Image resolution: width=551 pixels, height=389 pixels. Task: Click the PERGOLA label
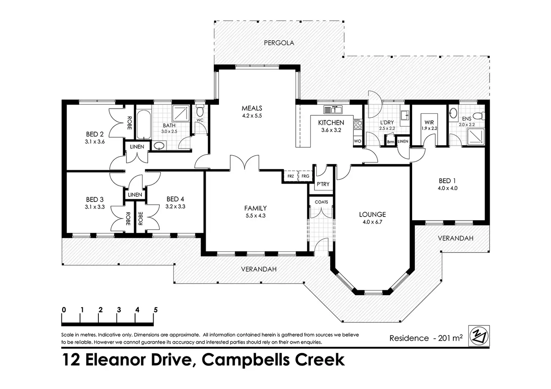[279, 43]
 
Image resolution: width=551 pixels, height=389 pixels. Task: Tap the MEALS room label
[252, 108]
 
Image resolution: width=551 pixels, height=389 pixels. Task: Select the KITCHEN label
[331, 123]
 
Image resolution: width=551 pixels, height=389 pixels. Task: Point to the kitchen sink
[333, 110]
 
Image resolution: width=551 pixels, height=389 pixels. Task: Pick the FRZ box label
[290, 176]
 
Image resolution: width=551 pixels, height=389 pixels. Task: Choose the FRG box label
[305, 176]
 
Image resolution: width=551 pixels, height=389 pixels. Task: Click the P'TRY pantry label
[323, 184]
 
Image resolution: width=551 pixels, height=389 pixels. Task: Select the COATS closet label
[321, 202]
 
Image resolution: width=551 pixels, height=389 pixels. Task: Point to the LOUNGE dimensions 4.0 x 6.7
[372, 222]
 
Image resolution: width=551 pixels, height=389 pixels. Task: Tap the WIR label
[429, 122]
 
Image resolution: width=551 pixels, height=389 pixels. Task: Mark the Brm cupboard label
[390, 142]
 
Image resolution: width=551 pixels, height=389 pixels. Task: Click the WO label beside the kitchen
[357, 141]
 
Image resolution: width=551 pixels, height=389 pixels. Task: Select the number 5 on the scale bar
[155, 310]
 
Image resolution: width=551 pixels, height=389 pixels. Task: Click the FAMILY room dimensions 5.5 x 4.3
[255, 215]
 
